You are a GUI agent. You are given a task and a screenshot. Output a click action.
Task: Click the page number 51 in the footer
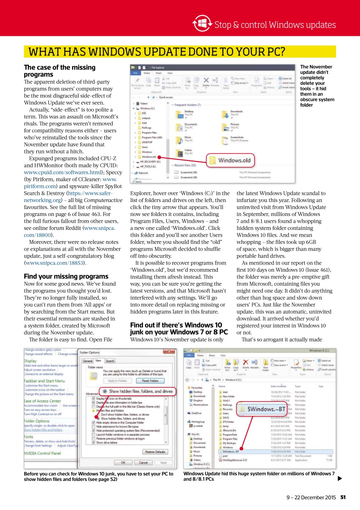tap(343, 497)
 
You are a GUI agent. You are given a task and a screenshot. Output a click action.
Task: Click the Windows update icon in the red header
tap(202, 24)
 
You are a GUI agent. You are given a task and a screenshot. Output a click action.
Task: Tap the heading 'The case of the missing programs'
tap(60, 71)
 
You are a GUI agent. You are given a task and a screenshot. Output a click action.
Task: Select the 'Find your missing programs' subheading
tap(66, 277)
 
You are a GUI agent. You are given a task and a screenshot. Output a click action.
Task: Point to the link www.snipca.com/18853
tap(55, 263)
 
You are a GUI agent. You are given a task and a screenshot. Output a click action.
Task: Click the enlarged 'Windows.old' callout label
tap(235, 160)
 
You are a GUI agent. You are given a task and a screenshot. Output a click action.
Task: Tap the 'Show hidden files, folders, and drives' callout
tap(137, 391)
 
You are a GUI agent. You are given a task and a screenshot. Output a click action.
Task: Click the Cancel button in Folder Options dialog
tap(143, 463)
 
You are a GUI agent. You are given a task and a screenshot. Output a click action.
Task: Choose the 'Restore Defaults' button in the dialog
tap(155, 452)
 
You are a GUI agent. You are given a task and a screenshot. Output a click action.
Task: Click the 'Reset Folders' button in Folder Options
tap(150, 381)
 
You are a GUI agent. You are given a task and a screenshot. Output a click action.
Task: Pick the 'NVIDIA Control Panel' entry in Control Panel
tap(43, 453)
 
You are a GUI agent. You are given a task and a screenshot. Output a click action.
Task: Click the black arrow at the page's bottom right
tap(340, 479)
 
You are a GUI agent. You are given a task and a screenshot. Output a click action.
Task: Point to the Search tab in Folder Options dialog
tap(110, 361)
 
